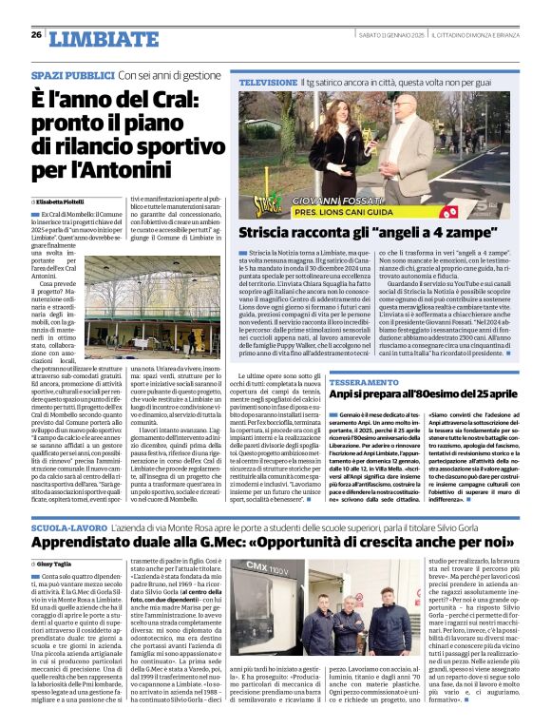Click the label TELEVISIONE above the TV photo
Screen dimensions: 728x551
coord(268,85)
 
